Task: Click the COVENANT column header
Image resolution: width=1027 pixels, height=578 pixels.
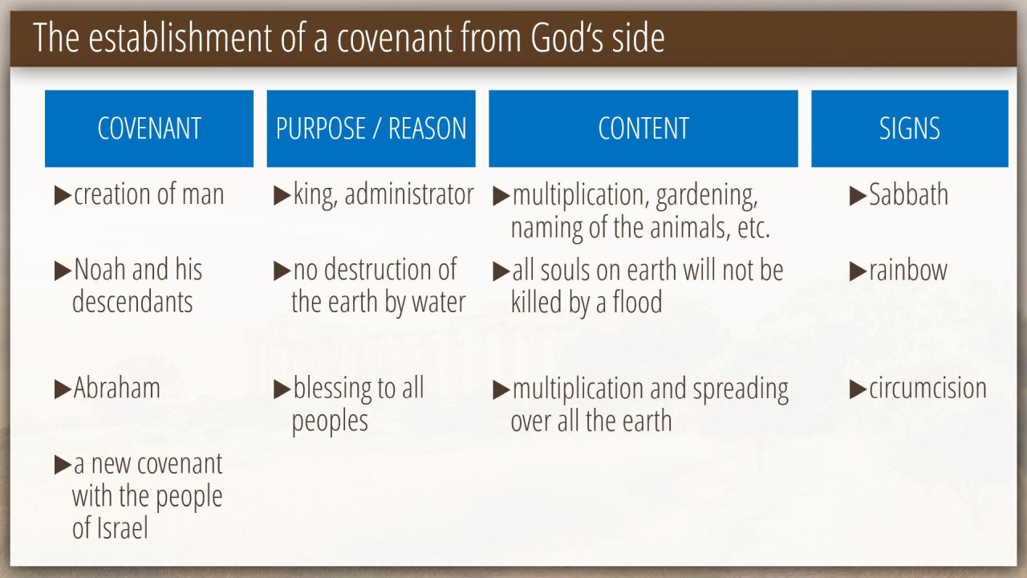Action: pos(149,128)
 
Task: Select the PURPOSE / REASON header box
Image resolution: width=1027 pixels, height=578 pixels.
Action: pos(371,128)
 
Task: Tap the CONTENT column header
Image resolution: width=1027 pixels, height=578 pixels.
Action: pos(643,128)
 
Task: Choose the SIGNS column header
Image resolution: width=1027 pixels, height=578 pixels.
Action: pos(910,128)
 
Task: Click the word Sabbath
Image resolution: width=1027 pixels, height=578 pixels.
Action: pos(908,194)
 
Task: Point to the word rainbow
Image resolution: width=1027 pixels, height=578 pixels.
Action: pos(907,270)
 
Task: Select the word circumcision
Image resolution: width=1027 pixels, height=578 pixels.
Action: pos(928,388)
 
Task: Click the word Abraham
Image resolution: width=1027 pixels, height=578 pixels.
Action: pos(117,388)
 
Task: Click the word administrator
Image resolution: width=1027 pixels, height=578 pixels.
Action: pos(409,194)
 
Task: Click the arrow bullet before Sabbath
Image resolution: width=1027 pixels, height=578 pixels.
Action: pos(858,196)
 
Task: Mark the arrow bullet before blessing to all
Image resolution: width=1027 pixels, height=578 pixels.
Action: pos(282,389)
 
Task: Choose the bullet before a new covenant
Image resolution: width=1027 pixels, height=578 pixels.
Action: pos(63,465)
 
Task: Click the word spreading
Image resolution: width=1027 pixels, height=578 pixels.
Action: pos(741,390)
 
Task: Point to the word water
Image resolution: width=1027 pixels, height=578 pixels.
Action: pos(439,302)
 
